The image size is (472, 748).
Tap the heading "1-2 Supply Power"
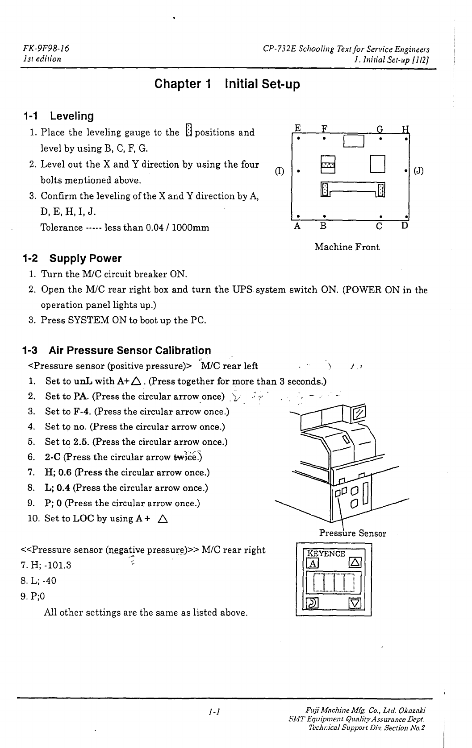point(72,258)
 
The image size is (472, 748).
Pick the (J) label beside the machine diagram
point(419,171)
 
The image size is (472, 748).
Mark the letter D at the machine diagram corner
point(404,226)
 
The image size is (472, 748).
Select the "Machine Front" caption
point(347,247)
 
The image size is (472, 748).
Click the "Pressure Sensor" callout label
point(352,533)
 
